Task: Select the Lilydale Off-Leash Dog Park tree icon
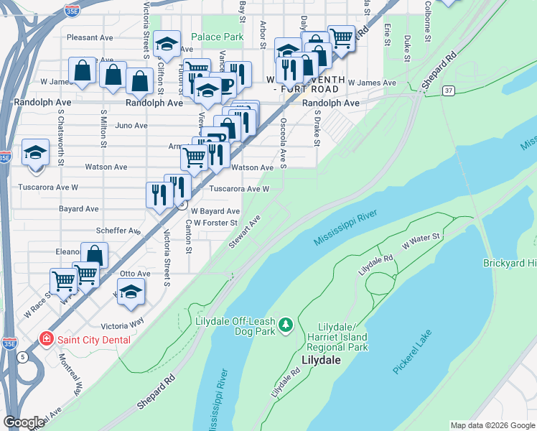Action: pos(286,325)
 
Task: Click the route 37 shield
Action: pos(449,91)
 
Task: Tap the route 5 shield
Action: pos(24,356)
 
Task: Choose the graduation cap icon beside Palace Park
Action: pos(167,45)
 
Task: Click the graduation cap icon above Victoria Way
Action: pos(131,292)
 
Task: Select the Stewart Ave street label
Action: pos(244,231)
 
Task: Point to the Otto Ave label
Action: pos(135,274)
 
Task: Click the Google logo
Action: pos(24,422)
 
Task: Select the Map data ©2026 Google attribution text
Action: pos(492,425)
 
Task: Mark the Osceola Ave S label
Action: pos(284,141)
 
